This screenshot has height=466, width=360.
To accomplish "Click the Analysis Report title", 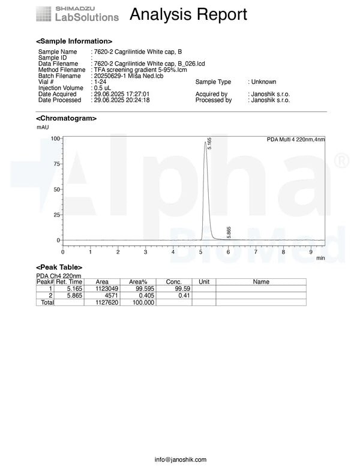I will (188, 14).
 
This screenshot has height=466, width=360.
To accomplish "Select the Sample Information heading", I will (74, 41).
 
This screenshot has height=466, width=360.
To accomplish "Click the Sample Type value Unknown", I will (264, 82).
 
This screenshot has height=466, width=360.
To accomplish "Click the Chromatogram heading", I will (66, 119).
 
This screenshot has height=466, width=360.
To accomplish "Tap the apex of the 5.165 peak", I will (206, 142).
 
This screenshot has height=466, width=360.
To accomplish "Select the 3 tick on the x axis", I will (146, 252).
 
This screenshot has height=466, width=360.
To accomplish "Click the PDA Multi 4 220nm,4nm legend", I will (295, 139).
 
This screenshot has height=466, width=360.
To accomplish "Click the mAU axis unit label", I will (43, 127).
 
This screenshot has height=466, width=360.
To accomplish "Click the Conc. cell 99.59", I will (173, 288).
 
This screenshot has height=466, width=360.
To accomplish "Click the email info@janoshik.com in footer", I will (180, 459).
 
